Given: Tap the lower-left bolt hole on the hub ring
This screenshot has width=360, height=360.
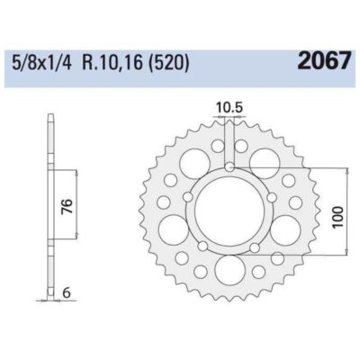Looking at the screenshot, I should pos(204,244).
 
